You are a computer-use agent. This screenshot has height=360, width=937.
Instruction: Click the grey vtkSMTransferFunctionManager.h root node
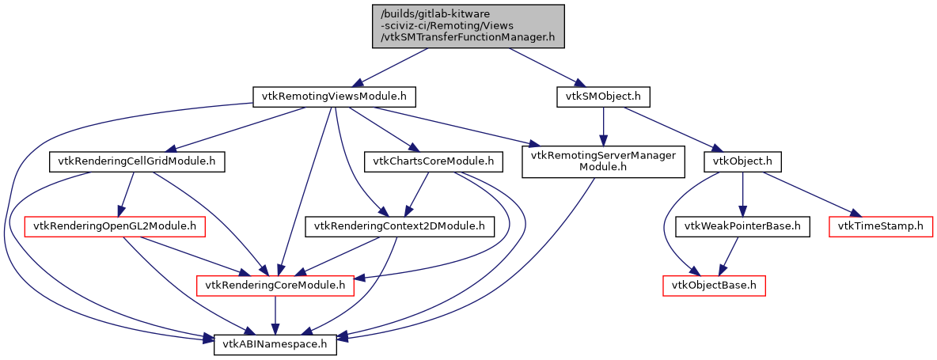point(468,26)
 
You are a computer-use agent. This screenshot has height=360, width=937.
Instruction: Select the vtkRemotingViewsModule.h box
point(334,97)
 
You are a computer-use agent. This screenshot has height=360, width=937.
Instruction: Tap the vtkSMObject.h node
point(603,97)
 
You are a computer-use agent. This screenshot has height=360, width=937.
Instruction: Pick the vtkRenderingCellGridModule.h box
point(137,162)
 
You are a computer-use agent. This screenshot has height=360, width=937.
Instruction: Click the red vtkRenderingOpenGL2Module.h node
point(116,227)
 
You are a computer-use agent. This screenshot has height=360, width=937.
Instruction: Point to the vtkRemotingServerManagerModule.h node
point(603,161)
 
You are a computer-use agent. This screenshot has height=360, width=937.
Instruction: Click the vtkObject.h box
point(742,162)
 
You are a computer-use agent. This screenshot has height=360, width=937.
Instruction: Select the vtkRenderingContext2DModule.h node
point(400,227)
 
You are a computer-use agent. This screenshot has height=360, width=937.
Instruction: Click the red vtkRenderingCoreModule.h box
point(275,285)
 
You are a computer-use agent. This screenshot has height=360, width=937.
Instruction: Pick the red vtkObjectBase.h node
point(714,285)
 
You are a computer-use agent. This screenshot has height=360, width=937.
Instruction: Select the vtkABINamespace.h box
point(275,345)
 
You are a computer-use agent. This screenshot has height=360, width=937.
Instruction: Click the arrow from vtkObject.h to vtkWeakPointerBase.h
point(742,195)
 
